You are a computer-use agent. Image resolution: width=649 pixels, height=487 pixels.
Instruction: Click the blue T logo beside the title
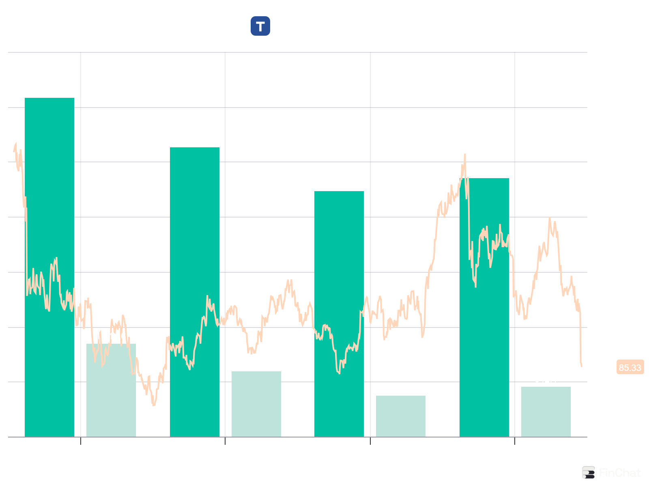pos(260,26)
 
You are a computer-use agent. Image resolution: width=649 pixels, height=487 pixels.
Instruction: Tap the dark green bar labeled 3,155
pos(195,292)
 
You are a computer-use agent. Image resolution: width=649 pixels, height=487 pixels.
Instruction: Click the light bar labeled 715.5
pos(256,404)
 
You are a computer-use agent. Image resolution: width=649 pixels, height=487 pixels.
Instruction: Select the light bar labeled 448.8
pos(401,416)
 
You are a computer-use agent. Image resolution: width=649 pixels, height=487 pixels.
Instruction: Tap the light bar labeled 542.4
pos(546,412)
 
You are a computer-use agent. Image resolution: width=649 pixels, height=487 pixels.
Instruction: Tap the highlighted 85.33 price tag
pos(630,368)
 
